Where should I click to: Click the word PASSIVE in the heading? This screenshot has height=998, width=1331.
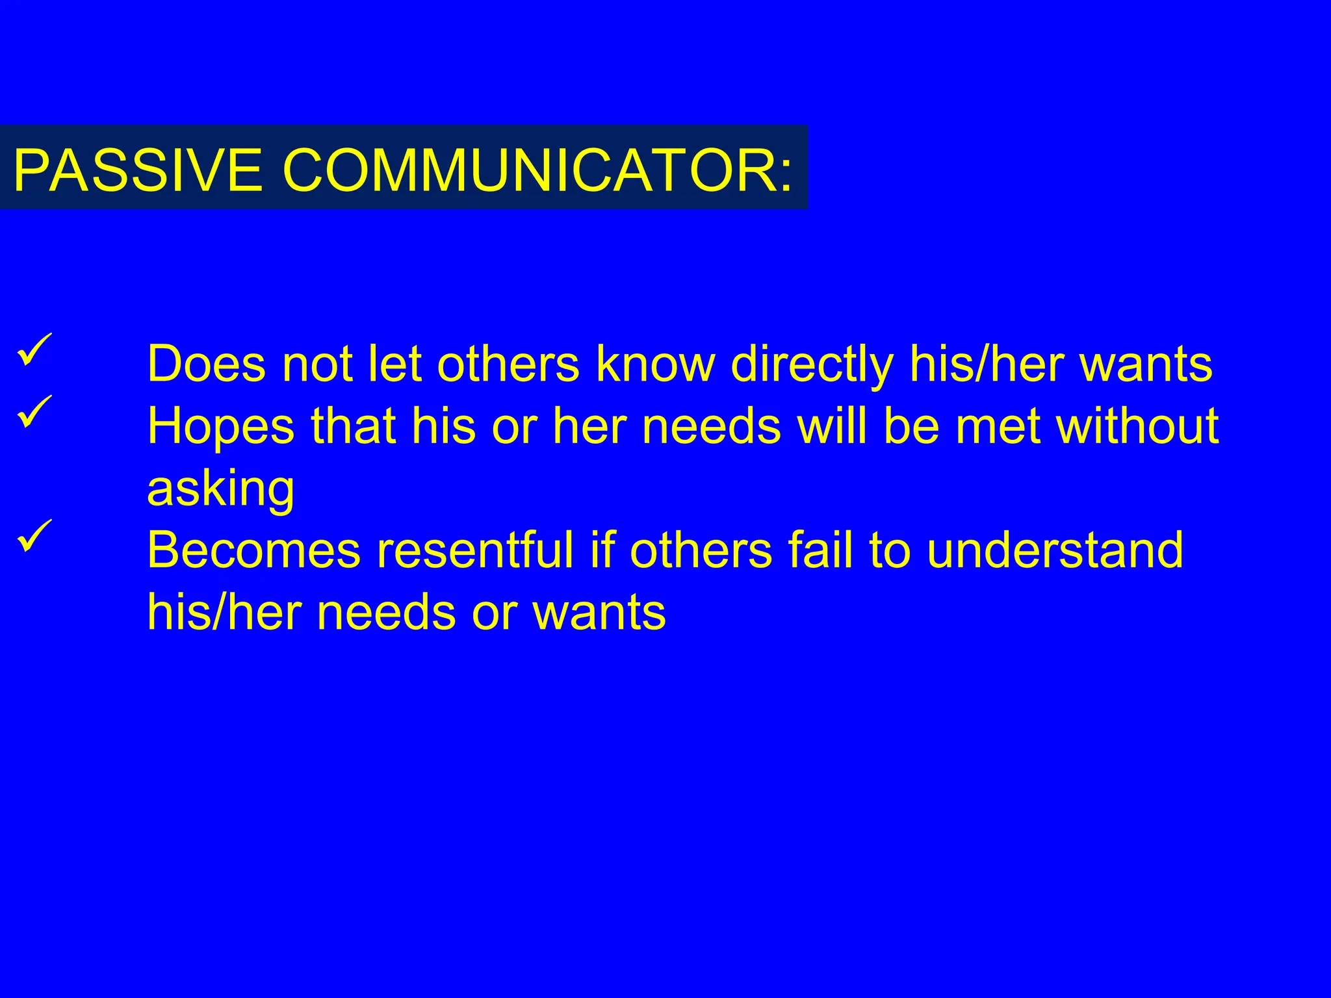coord(138,170)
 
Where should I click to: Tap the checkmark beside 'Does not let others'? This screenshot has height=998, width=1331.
coord(35,349)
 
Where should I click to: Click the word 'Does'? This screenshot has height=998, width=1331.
coord(207,364)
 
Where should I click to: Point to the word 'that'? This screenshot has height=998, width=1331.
coord(354,426)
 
